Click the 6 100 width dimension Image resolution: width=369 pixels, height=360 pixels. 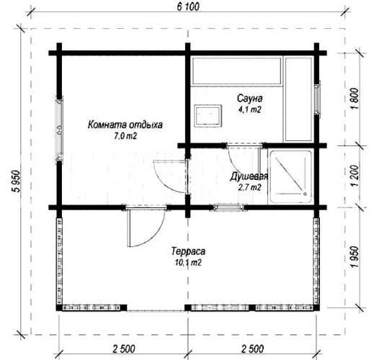[x=188, y=6]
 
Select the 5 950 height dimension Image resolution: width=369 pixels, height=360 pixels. [x=17, y=181]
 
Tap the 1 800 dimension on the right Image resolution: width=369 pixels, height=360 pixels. [x=355, y=99]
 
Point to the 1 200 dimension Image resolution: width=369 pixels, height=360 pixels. [x=355, y=176]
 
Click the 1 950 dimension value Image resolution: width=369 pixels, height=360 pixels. [x=355, y=257]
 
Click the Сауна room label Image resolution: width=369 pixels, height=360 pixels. [x=249, y=98]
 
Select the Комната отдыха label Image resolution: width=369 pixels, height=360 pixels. [x=125, y=125]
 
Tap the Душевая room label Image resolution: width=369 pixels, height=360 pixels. [x=249, y=176]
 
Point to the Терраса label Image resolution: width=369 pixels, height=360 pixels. [x=188, y=251]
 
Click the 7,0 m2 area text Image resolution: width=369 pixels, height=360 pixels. [x=125, y=136]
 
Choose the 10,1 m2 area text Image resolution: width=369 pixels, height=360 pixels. [x=188, y=263]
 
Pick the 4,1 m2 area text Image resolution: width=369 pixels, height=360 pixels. [x=249, y=109]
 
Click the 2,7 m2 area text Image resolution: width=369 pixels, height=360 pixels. [x=249, y=187]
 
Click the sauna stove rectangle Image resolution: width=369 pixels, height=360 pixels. [x=208, y=116]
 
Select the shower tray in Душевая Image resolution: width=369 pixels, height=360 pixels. [x=291, y=176]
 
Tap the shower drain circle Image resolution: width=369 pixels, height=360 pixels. [x=305, y=194]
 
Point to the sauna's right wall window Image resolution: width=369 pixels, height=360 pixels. [x=317, y=98]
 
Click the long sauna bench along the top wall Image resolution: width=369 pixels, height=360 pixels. [x=237, y=71]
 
